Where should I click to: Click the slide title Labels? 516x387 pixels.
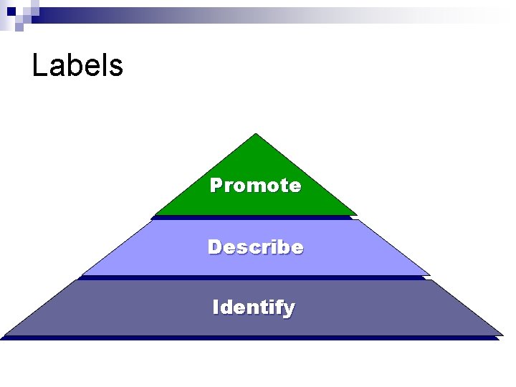(x=77, y=66)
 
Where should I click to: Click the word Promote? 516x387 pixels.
(x=255, y=186)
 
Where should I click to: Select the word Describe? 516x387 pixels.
(x=255, y=247)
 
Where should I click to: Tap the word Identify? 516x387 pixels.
(x=254, y=308)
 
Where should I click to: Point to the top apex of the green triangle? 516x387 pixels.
(x=256, y=134)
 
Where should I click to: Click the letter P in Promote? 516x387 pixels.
(x=216, y=186)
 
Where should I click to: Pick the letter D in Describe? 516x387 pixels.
(x=214, y=247)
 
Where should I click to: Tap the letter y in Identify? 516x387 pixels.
(x=289, y=310)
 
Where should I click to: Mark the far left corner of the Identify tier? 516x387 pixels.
(x=4, y=334)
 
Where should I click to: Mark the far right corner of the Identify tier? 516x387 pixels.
(x=502, y=334)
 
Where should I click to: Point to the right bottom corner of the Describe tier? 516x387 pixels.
(x=429, y=274)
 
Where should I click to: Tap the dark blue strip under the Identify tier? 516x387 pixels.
(x=251, y=338)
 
